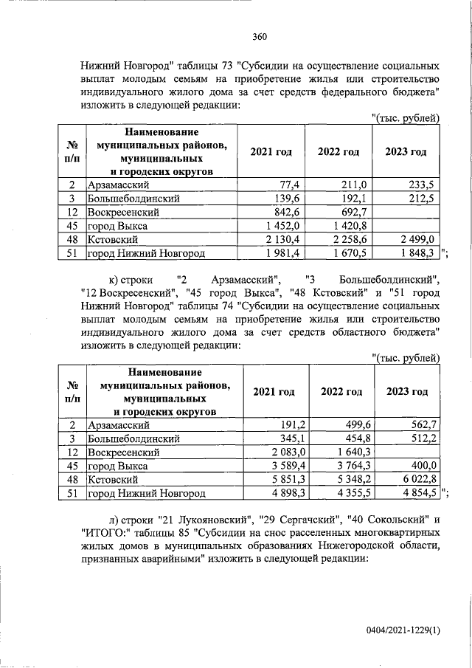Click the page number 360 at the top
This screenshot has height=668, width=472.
coord(258,36)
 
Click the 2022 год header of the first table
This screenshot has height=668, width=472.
coord(339,152)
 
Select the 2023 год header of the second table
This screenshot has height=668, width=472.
coord(406,391)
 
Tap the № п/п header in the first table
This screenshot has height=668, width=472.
coord(73,152)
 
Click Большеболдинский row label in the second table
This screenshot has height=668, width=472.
coord(126,438)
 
